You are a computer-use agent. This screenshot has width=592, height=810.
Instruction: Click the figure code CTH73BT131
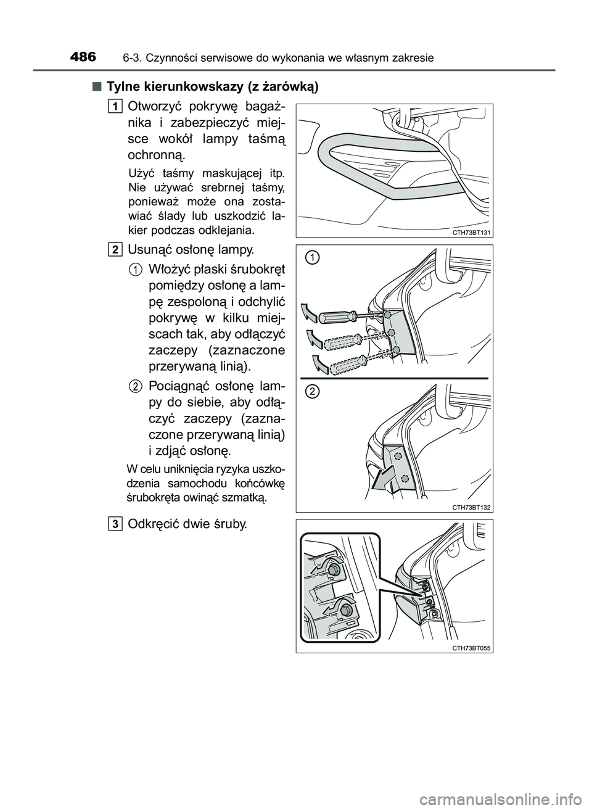471,233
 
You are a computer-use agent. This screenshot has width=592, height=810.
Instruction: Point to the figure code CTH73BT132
471,507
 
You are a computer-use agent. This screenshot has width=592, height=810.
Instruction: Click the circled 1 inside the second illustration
314,258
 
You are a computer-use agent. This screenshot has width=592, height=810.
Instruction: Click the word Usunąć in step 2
149,250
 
